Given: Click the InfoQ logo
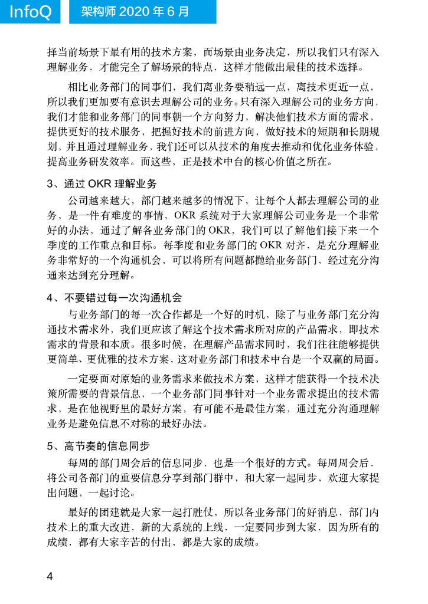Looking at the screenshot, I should [30, 12].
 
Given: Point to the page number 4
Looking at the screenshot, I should [50, 576].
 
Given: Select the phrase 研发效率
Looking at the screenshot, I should [109, 160].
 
